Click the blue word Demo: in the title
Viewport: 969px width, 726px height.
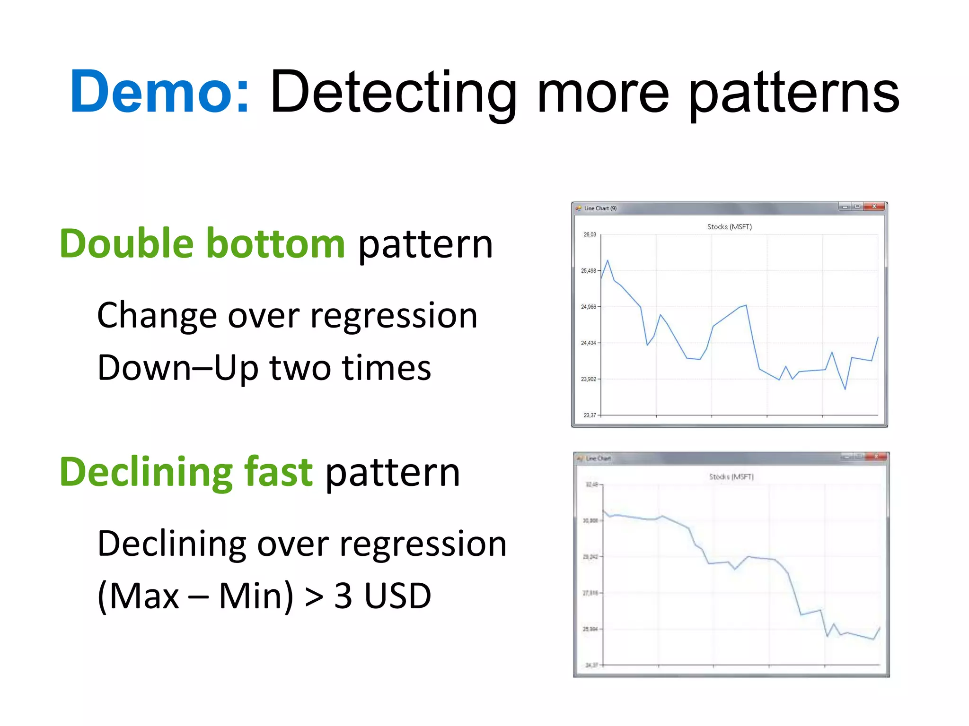click(160, 92)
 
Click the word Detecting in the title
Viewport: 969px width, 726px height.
click(393, 92)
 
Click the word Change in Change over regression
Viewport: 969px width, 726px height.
click(157, 315)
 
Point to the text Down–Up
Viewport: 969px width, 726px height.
click(177, 368)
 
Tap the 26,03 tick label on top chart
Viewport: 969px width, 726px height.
click(590, 234)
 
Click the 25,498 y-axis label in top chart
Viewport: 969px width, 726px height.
click(588, 271)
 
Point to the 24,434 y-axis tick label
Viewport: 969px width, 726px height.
click(588, 343)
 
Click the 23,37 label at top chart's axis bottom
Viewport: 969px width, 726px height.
click(590, 415)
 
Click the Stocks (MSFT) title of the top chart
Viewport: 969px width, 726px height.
click(729, 227)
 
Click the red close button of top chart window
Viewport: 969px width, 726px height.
click(874, 207)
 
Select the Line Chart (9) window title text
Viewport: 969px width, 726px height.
click(600, 208)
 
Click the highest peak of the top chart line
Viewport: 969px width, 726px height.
click(608, 260)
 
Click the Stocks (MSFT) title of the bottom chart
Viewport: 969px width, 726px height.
click(731, 477)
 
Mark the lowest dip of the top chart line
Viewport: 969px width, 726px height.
click(845, 389)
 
